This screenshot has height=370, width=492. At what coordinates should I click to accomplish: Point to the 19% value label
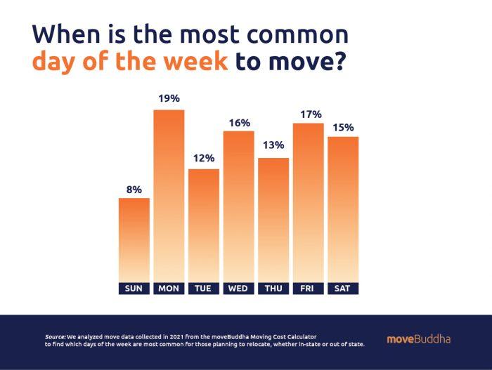[169, 100]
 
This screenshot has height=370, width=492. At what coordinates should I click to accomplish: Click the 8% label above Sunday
[134, 189]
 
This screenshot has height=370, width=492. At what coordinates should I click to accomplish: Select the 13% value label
[273, 145]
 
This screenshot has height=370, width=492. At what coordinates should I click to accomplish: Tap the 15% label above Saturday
[343, 127]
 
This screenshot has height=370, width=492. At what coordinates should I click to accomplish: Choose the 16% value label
[239, 123]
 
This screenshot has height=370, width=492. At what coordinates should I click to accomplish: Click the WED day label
[238, 289]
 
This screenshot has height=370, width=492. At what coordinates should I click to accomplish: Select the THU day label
[273, 289]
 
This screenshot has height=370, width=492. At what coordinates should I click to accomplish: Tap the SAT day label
[343, 289]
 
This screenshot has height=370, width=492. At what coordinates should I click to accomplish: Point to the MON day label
[169, 289]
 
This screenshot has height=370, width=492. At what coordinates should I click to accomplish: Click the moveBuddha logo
[418, 340]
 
